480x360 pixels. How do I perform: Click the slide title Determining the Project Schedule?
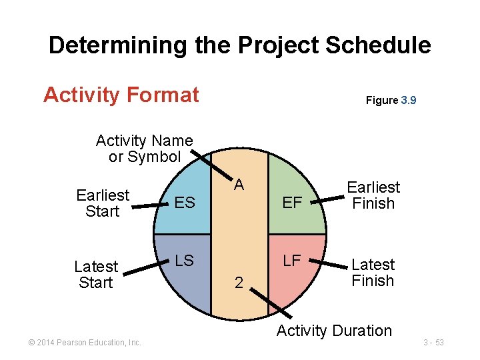(239, 45)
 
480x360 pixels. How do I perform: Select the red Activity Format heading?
(121, 95)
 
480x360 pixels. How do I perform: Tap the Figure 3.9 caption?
(391, 101)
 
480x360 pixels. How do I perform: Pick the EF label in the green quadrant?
(292, 203)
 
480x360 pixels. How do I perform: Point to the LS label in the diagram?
(184, 261)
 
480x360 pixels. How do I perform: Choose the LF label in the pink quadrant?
(292, 260)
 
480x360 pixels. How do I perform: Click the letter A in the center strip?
(239, 185)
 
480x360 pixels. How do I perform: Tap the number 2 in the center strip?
(239, 283)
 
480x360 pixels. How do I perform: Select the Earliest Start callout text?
(102, 203)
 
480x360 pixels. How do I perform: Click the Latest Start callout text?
(96, 274)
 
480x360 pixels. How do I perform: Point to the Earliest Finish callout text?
(373, 195)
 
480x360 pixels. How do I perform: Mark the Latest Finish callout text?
(373, 273)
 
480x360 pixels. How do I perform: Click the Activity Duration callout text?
(334, 331)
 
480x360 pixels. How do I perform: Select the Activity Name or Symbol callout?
(144, 149)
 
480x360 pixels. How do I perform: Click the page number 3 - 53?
(433, 343)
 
